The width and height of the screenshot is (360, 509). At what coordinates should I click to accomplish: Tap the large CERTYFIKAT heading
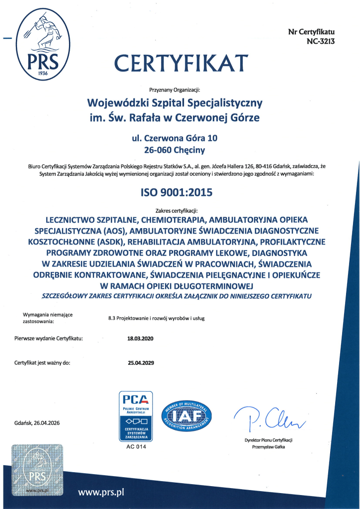(181, 63)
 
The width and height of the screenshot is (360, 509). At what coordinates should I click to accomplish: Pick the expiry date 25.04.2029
(141, 362)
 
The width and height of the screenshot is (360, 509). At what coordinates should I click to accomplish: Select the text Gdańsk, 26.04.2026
(37, 423)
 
